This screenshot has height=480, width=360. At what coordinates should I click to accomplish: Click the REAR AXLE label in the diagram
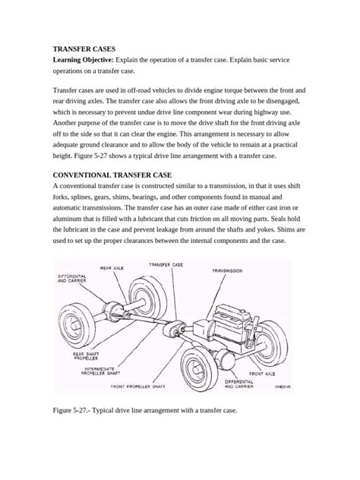(114, 267)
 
